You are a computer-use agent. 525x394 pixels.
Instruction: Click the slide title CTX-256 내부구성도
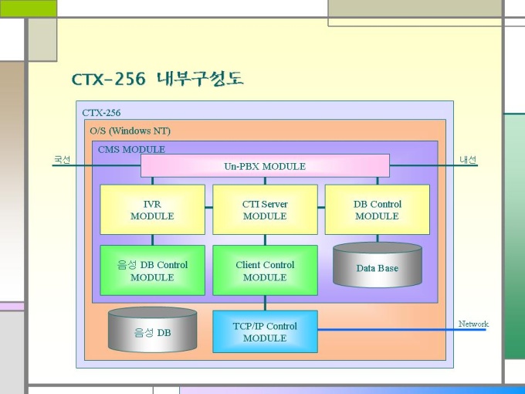pyautogui.click(x=157, y=79)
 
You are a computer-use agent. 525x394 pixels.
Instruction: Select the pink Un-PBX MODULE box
pyautogui.click(x=265, y=166)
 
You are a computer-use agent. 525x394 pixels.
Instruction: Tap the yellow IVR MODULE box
pyautogui.click(x=152, y=209)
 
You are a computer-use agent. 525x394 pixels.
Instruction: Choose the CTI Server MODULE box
pyautogui.click(x=265, y=209)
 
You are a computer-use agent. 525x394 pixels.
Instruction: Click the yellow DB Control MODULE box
pyautogui.click(x=378, y=209)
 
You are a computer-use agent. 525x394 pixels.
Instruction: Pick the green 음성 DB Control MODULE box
pyautogui.click(x=152, y=270)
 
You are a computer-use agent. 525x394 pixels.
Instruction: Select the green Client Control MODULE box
pyautogui.click(x=265, y=270)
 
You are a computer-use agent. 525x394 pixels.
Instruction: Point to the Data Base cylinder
pyautogui.click(x=378, y=265)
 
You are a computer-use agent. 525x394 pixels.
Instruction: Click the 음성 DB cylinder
pyautogui.click(x=152, y=330)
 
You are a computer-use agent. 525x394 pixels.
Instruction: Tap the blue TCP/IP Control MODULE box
pyautogui.click(x=265, y=331)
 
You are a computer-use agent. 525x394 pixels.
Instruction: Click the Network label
pyautogui.click(x=473, y=324)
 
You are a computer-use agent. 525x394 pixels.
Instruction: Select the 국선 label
pyautogui.click(x=63, y=159)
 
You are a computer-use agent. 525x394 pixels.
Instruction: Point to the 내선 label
pyautogui.click(x=468, y=159)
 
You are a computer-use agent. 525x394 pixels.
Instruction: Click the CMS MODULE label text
pyautogui.click(x=131, y=149)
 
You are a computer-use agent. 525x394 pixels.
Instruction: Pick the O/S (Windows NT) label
pyautogui.click(x=130, y=131)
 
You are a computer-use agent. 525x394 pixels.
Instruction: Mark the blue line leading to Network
pyautogui.click(x=401, y=330)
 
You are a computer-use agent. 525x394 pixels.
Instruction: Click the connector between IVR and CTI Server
pyautogui.click(x=209, y=207)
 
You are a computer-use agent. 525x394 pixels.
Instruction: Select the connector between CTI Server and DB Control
pyautogui.click(x=321, y=207)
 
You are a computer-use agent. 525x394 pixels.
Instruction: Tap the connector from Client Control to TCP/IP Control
pyautogui.click(x=265, y=303)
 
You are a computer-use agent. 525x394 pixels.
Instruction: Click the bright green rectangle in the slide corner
pyautogui.click(x=29, y=8)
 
